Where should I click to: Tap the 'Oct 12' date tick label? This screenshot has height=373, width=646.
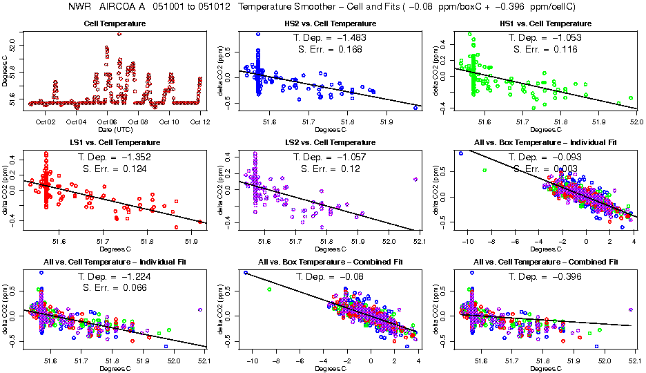(x=200, y=122)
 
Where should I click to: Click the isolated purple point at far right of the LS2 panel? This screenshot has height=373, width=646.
(x=415, y=179)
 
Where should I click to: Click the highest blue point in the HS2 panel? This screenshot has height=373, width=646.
(x=258, y=34)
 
